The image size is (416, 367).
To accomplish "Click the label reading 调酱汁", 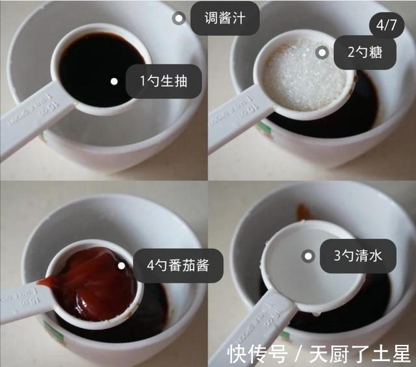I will tap(225, 18).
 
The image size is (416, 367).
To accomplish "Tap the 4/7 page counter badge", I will tap(386, 26).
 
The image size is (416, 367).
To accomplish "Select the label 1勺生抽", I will tap(163, 81).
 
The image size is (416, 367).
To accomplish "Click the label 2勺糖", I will tap(365, 53).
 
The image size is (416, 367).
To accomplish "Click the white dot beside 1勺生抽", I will tap(114, 81).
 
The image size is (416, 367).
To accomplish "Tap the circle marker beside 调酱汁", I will tap(179, 18).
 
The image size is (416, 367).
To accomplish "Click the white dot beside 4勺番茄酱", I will tap(121, 265).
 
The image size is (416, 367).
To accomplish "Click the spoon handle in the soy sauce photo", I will tap(32, 127).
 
